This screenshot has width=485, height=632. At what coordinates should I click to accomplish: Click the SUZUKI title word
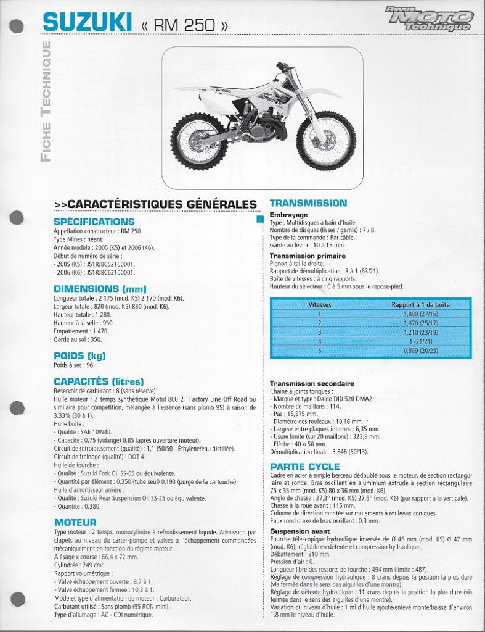(x=87, y=23)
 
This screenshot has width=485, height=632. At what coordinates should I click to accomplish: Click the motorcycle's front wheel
(x=325, y=141)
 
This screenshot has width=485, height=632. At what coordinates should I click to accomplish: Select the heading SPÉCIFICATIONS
(x=94, y=222)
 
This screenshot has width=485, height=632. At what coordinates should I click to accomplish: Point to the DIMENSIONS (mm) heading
(x=100, y=288)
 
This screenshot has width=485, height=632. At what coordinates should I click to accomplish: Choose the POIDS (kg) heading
(x=79, y=355)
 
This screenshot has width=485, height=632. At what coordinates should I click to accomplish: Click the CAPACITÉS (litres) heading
(x=99, y=381)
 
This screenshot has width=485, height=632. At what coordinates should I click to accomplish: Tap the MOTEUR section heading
(x=75, y=523)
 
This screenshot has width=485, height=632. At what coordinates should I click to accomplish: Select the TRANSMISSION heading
(x=308, y=203)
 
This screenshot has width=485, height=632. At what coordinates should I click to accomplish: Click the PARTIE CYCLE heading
(x=304, y=467)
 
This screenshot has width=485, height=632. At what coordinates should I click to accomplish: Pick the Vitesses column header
(x=319, y=304)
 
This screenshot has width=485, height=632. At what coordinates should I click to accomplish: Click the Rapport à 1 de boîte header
(x=420, y=304)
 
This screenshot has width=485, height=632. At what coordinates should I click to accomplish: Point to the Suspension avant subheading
(x=296, y=531)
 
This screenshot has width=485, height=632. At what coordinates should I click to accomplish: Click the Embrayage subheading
(x=288, y=215)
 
